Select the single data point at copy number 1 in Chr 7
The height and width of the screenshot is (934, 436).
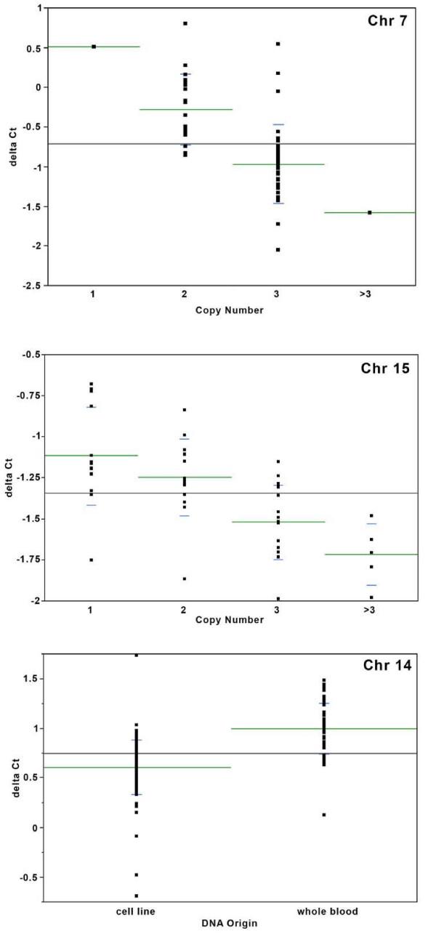[94, 47]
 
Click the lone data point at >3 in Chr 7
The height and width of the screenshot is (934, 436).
[370, 212]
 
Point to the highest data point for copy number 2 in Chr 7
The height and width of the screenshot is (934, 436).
[185, 23]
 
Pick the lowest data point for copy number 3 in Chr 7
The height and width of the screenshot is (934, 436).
[278, 249]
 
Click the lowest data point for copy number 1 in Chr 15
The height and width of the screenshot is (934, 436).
[92, 560]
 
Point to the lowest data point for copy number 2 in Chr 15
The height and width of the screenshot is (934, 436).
[185, 579]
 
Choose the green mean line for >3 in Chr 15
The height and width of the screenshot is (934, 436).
[370, 555]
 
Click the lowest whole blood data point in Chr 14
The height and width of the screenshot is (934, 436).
[324, 815]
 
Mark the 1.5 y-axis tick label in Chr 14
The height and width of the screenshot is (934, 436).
[33, 679]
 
